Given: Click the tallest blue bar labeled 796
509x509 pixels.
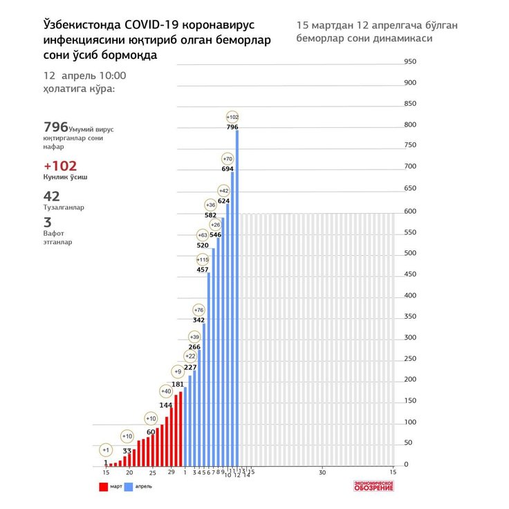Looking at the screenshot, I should (237, 297).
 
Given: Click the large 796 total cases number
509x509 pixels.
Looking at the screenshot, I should (55, 127).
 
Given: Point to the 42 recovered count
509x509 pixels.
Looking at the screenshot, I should (51, 196).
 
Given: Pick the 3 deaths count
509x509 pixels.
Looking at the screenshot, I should (47, 223).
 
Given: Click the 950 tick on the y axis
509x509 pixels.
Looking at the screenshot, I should (409, 62).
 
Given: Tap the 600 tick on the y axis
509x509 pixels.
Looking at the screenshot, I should (409, 210).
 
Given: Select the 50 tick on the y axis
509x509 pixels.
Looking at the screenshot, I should (407, 443).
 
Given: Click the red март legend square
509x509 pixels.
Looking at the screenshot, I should (103, 487).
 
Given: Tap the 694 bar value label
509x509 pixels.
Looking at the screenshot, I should (228, 169).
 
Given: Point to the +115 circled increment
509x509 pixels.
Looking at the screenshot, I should (203, 259).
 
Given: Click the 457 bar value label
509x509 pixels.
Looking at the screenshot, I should (203, 269).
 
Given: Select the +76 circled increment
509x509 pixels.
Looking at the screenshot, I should (198, 310).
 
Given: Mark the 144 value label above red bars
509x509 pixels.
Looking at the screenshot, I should (166, 405).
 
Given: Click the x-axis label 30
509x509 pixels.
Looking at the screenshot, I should (322, 472).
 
